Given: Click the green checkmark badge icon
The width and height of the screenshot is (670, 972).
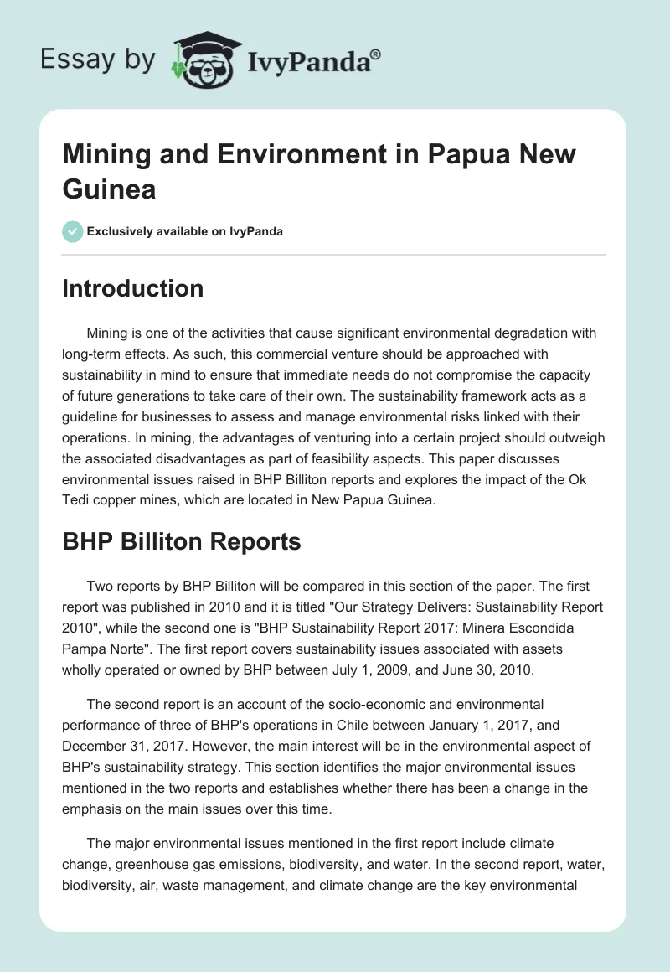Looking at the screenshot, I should [73, 231].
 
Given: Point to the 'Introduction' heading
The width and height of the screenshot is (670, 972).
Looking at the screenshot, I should [133, 289].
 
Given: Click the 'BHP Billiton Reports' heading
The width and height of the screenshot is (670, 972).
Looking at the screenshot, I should [182, 542].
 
